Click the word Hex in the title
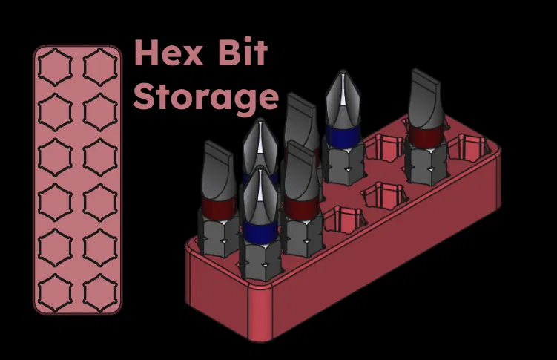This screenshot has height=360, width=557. [169, 53]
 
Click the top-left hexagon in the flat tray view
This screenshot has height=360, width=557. [55, 67]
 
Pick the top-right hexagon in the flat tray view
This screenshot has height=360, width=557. [100, 67]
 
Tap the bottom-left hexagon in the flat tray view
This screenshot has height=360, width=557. [55, 292]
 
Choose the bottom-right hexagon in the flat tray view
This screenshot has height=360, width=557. [100, 292]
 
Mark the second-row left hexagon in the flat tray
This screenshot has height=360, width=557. [55, 112]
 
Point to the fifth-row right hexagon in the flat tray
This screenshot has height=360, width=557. [100, 248]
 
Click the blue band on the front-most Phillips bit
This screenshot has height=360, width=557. [260, 230]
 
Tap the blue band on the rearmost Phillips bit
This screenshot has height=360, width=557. [343, 136]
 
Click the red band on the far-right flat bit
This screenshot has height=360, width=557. [426, 135]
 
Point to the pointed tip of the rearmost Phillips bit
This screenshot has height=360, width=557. [343, 71]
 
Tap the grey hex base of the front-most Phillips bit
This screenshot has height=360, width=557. [260, 260]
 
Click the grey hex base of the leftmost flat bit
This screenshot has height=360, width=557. [219, 235]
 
